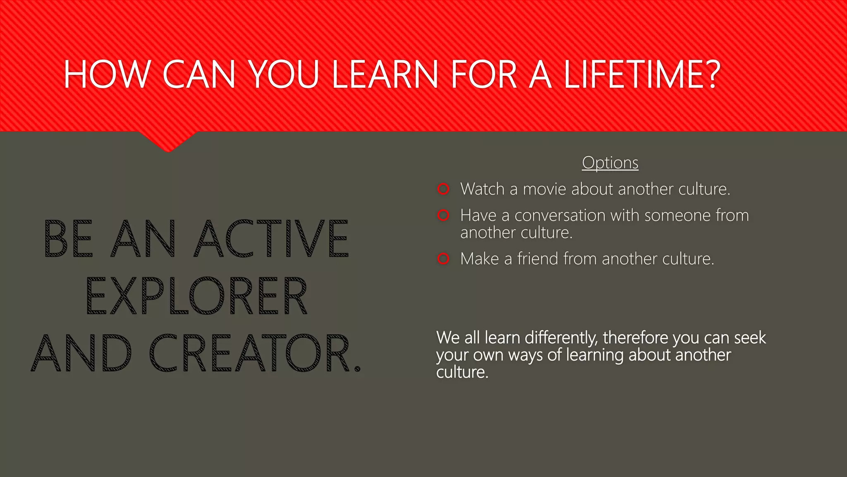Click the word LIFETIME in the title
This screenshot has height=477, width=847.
coord(641,75)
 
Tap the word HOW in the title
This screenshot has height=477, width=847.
coord(106,75)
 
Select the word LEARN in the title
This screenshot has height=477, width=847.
coord(385,75)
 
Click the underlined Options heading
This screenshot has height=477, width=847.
coord(610,163)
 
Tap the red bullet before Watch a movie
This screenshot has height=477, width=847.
coord(443,189)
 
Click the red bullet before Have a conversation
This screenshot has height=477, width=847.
coord(443,215)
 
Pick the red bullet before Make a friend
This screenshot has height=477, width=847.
coord(443,259)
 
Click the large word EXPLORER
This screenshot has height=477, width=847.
coord(196,296)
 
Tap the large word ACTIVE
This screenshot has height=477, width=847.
coord(271,239)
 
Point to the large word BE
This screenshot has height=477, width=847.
coord(69,239)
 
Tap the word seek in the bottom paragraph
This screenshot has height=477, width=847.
coord(750,338)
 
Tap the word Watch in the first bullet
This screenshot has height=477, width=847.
coord(482,189)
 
